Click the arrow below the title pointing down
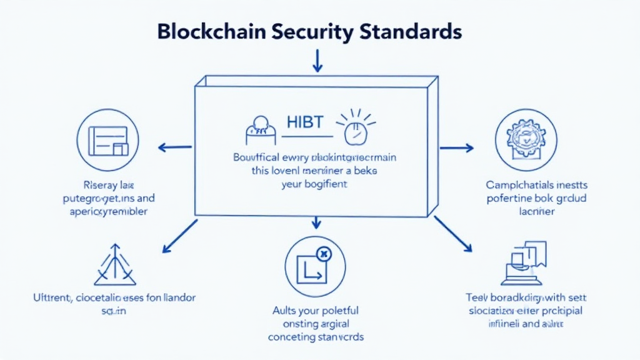(317, 61)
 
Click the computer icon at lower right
(525, 262)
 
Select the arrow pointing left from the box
(175, 148)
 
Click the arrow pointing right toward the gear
(456, 148)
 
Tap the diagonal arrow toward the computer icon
(453, 234)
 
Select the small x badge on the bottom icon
(323, 254)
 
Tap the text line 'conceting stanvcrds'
(316, 336)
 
